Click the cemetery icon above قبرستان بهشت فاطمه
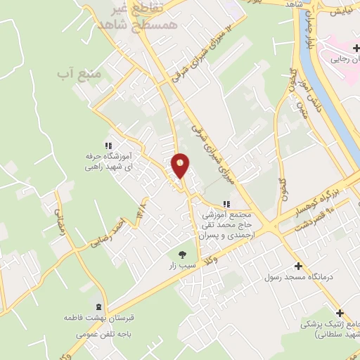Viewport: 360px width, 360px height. (x=98, y=306)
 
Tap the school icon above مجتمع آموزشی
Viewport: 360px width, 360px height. (x=226, y=204)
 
